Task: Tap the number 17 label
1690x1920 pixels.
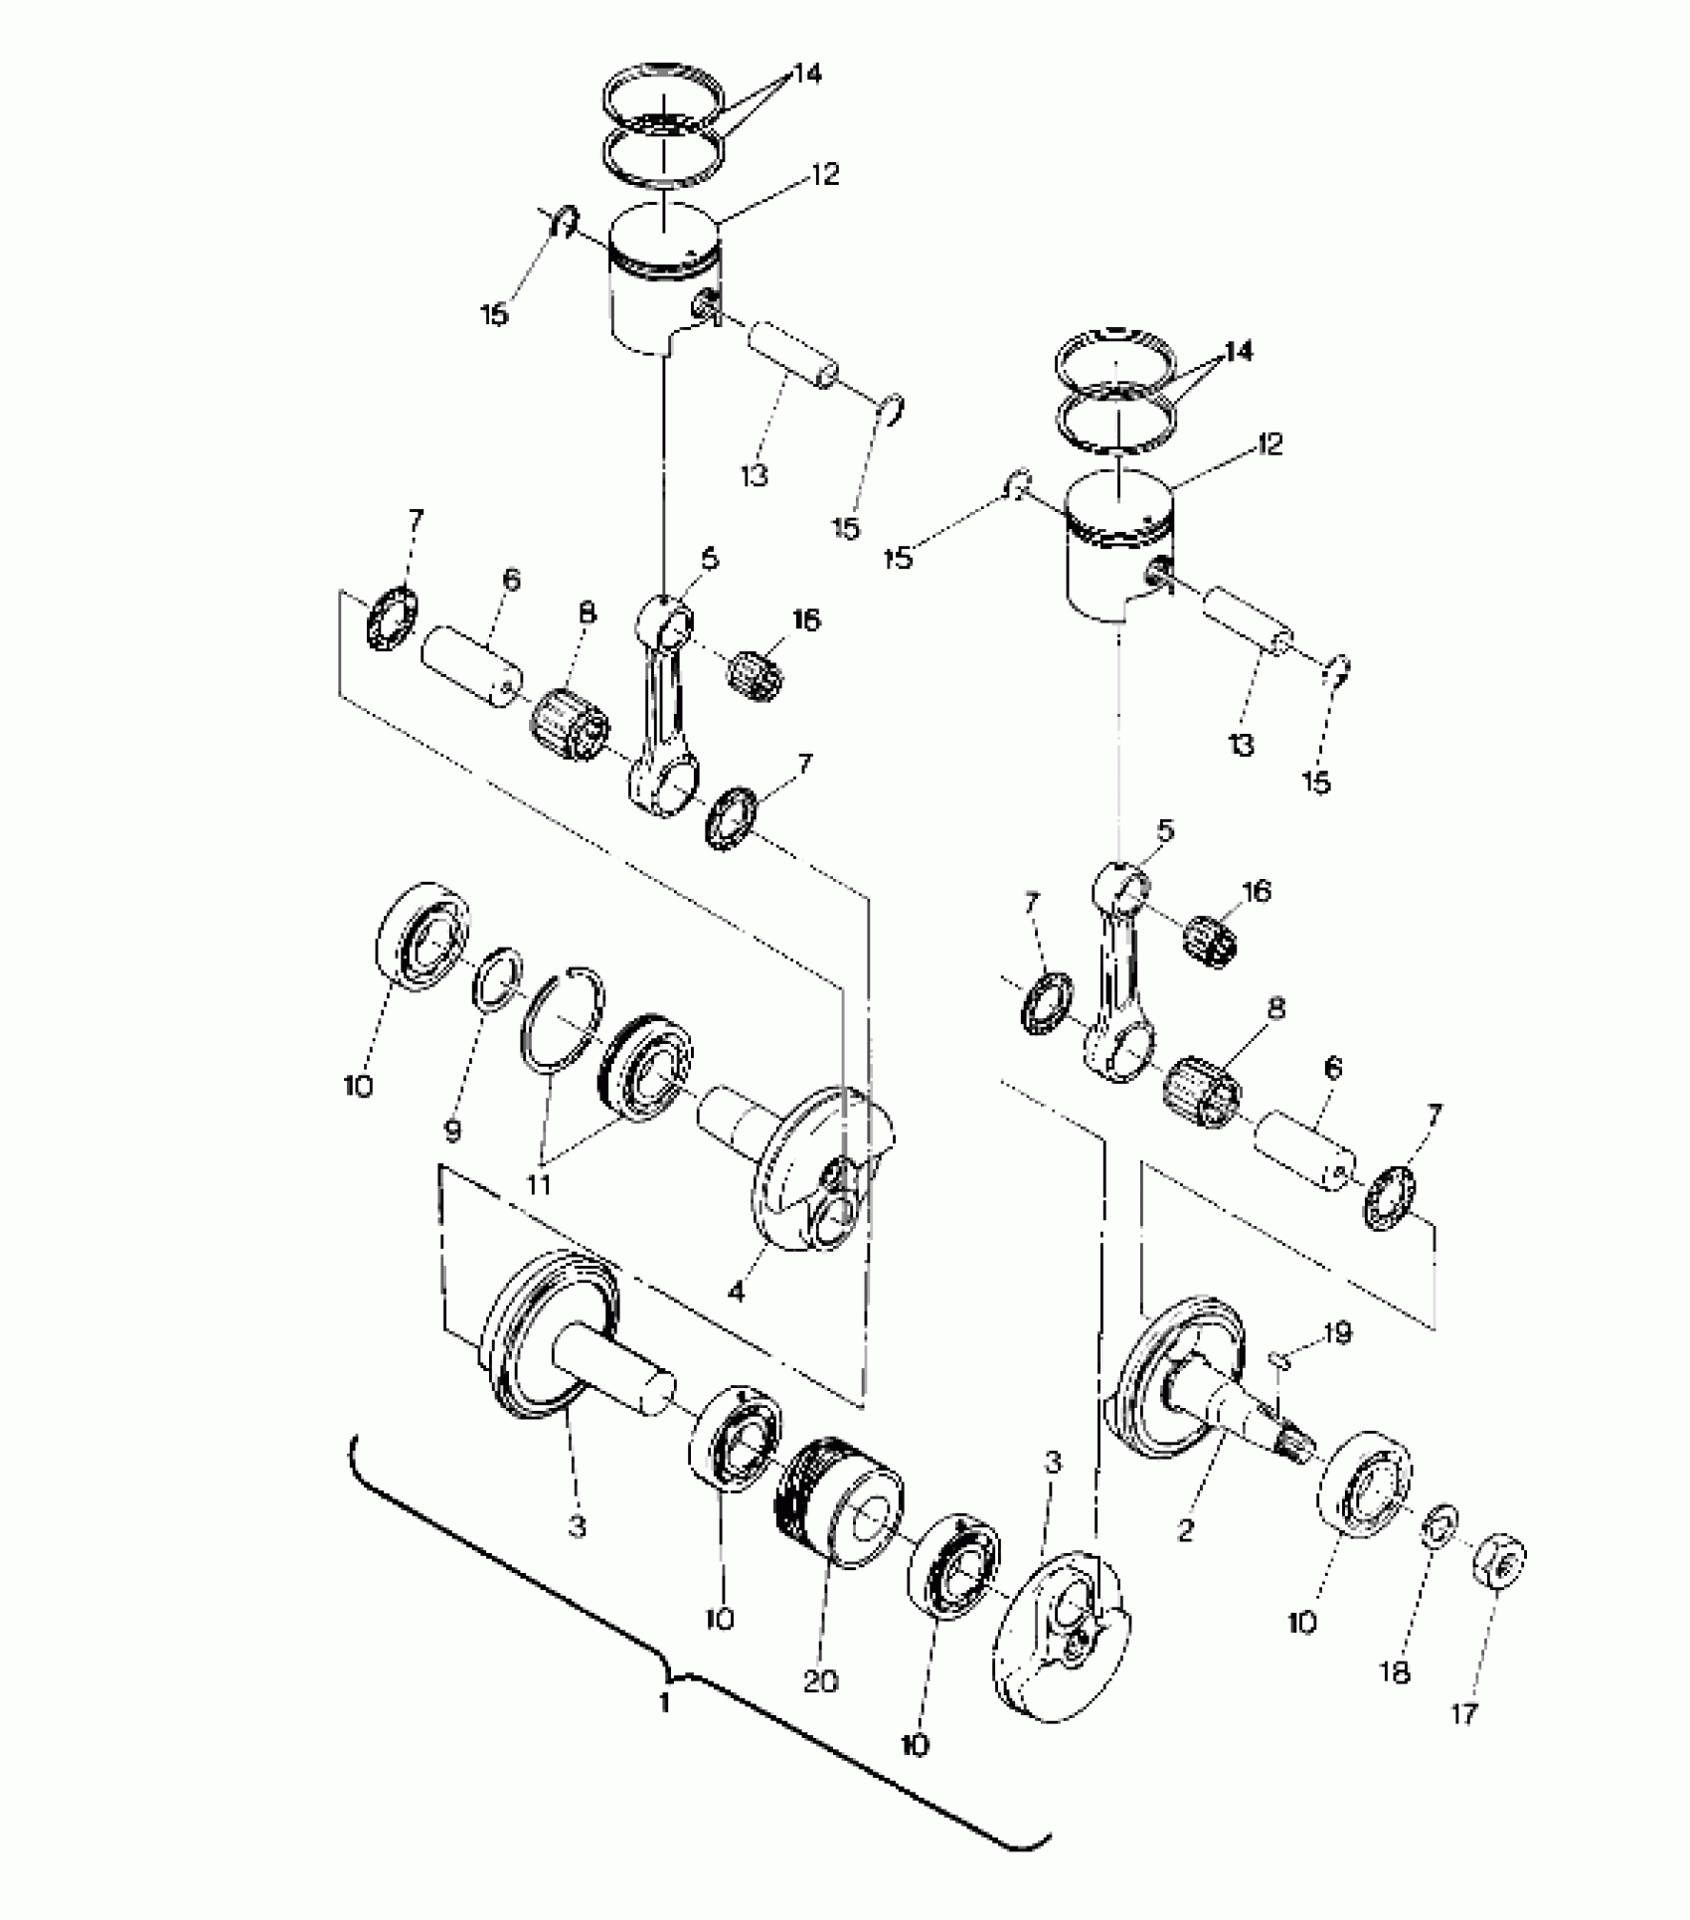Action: pyautogui.click(x=1465, y=1712)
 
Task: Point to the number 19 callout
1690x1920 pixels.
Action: pyautogui.click(x=1338, y=1332)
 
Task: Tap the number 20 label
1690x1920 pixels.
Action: pyautogui.click(x=821, y=1681)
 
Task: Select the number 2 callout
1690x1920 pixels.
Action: pyautogui.click(x=1184, y=1531)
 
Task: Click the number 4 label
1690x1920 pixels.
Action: pyautogui.click(x=736, y=1293)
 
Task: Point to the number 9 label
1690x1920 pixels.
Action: pyautogui.click(x=452, y=1130)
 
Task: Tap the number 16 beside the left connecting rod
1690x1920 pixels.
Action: pyautogui.click(x=805, y=619)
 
